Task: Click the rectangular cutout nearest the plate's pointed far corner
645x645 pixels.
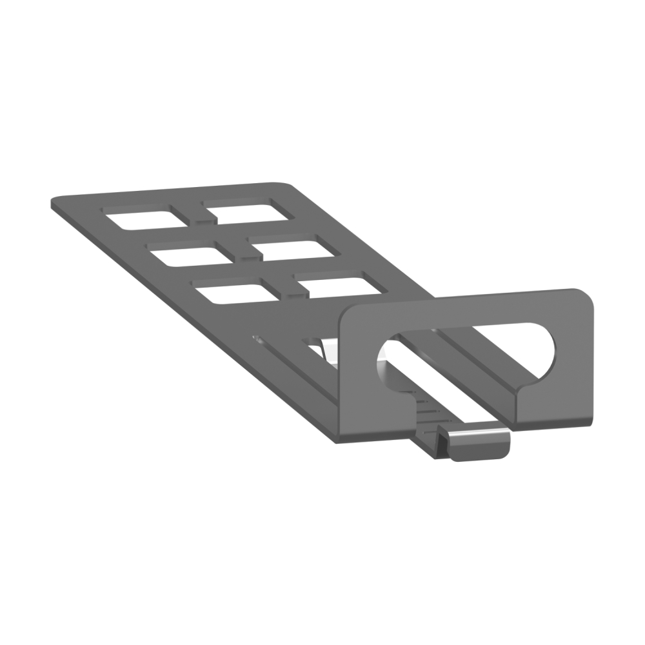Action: tap(139, 218)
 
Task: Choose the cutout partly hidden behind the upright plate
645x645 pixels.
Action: tap(337, 287)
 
